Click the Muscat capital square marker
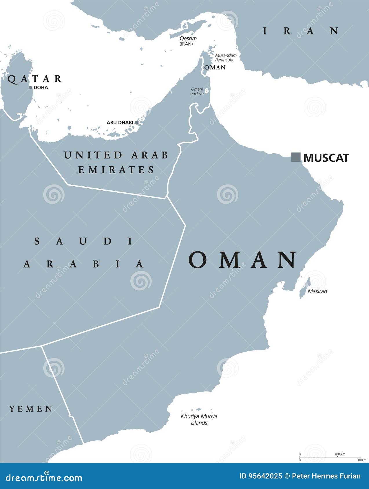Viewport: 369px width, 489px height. [296, 157]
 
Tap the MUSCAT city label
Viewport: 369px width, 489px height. [326, 158]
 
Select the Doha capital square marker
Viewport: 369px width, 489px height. [30, 87]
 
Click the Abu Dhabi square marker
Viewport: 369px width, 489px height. [137, 122]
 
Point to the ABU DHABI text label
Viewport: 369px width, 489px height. [120, 122]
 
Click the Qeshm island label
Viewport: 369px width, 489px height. [188, 38]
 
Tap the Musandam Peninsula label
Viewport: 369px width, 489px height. [226, 58]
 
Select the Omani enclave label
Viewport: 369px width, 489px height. [197, 91]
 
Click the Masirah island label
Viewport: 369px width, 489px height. [317, 291]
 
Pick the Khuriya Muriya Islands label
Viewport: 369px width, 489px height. [199, 419]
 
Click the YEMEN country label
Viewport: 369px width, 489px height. [31, 409]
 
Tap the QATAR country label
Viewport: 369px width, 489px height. [34, 79]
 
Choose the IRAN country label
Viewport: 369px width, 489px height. [301, 31]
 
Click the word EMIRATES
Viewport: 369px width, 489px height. [116, 170]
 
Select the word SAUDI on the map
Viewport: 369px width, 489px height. [84, 241]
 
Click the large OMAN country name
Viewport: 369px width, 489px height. [242, 260]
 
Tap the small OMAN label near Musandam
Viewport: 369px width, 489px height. [215, 67]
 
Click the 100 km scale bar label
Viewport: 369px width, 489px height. [340, 454]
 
